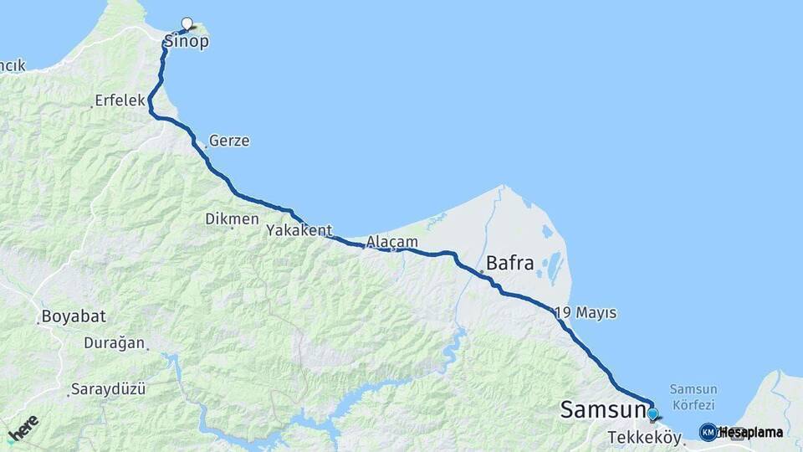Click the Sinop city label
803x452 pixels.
(186, 42)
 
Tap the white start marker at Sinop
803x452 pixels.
(187, 23)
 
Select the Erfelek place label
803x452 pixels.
(120, 100)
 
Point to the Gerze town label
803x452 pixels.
(229, 141)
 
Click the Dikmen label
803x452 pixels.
(232, 218)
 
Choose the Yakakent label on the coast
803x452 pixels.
(299, 230)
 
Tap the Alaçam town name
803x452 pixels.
(391, 241)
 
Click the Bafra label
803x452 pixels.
(509, 263)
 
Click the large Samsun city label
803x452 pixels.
(603, 409)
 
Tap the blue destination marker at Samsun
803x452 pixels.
(652, 413)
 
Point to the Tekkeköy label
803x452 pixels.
(645, 438)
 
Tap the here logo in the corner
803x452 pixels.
(23, 428)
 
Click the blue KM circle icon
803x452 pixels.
(708, 432)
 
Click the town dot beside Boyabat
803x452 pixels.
(38, 321)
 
